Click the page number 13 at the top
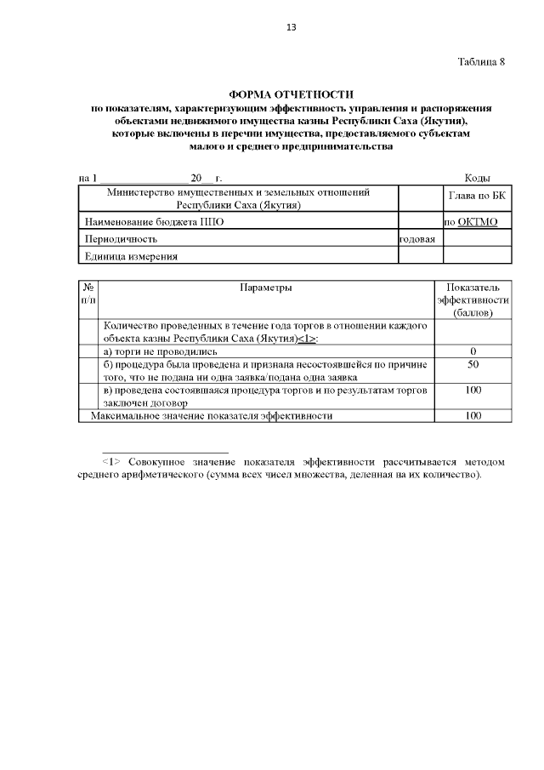(291, 27)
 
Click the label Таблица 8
(481, 62)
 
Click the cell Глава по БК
(477, 197)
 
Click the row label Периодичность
(121, 239)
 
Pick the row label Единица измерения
(130, 256)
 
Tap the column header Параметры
(266, 288)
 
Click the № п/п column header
(89, 294)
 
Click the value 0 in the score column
(473, 351)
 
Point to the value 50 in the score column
(473, 364)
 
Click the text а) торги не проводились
(161, 351)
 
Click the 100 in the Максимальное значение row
(473, 415)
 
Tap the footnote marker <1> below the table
(111, 462)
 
